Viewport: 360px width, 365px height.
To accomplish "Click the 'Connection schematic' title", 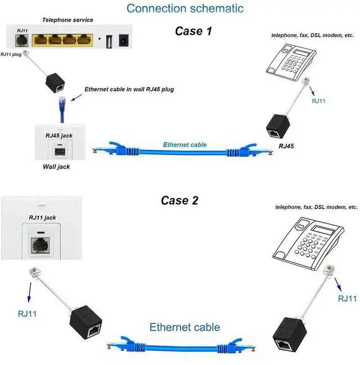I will [185, 8].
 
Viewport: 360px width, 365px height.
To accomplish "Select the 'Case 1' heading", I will [193, 31].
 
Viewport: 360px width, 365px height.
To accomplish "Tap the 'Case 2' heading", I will [179, 200].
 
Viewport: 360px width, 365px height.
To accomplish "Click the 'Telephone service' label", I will [68, 20].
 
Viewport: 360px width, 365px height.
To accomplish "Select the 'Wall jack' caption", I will [56, 166].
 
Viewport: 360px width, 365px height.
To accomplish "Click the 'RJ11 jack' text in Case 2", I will [42, 217].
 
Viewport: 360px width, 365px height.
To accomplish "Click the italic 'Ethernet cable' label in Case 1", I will [184, 145].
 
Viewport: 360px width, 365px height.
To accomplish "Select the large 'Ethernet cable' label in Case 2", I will [184, 327].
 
